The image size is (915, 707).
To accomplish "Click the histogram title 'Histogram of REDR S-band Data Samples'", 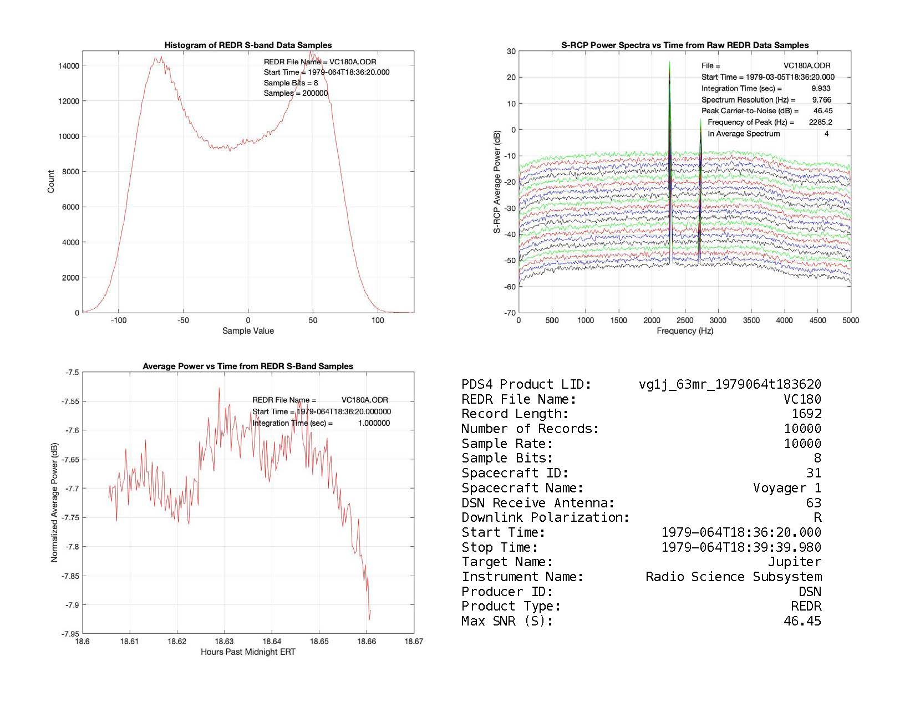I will tap(248, 45).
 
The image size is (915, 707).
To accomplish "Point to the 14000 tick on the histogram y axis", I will tap(69, 66).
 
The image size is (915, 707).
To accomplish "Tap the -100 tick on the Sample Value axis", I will tap(119, 320).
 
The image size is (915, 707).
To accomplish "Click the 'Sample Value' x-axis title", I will tap(248, 331).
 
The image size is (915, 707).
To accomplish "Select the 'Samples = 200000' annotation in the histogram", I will tap(296, 93).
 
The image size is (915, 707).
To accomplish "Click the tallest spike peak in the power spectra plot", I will tap(670, 62).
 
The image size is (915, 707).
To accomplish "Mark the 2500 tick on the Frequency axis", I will tap(685, 320).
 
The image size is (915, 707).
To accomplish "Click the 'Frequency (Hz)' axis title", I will tap(685, 331).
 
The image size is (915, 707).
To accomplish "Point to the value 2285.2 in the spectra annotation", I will tap(820, 122).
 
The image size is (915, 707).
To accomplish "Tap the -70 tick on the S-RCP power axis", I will tap(510, 313).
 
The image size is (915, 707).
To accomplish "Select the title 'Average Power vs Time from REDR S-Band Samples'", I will tap(248, 367).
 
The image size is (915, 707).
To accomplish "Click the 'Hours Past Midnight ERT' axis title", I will tap(248, 652).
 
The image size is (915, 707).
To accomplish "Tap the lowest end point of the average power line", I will tap(369, 619).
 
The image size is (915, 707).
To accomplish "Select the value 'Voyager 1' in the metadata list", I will tap(787, 488).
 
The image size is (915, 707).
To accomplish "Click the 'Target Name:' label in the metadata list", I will tap(507, 562).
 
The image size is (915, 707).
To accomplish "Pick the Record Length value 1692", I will tap(806, 414).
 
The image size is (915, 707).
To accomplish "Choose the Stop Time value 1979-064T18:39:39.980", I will tap(741, 547).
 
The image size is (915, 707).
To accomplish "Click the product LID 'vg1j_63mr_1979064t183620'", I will tap(730, 384).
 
